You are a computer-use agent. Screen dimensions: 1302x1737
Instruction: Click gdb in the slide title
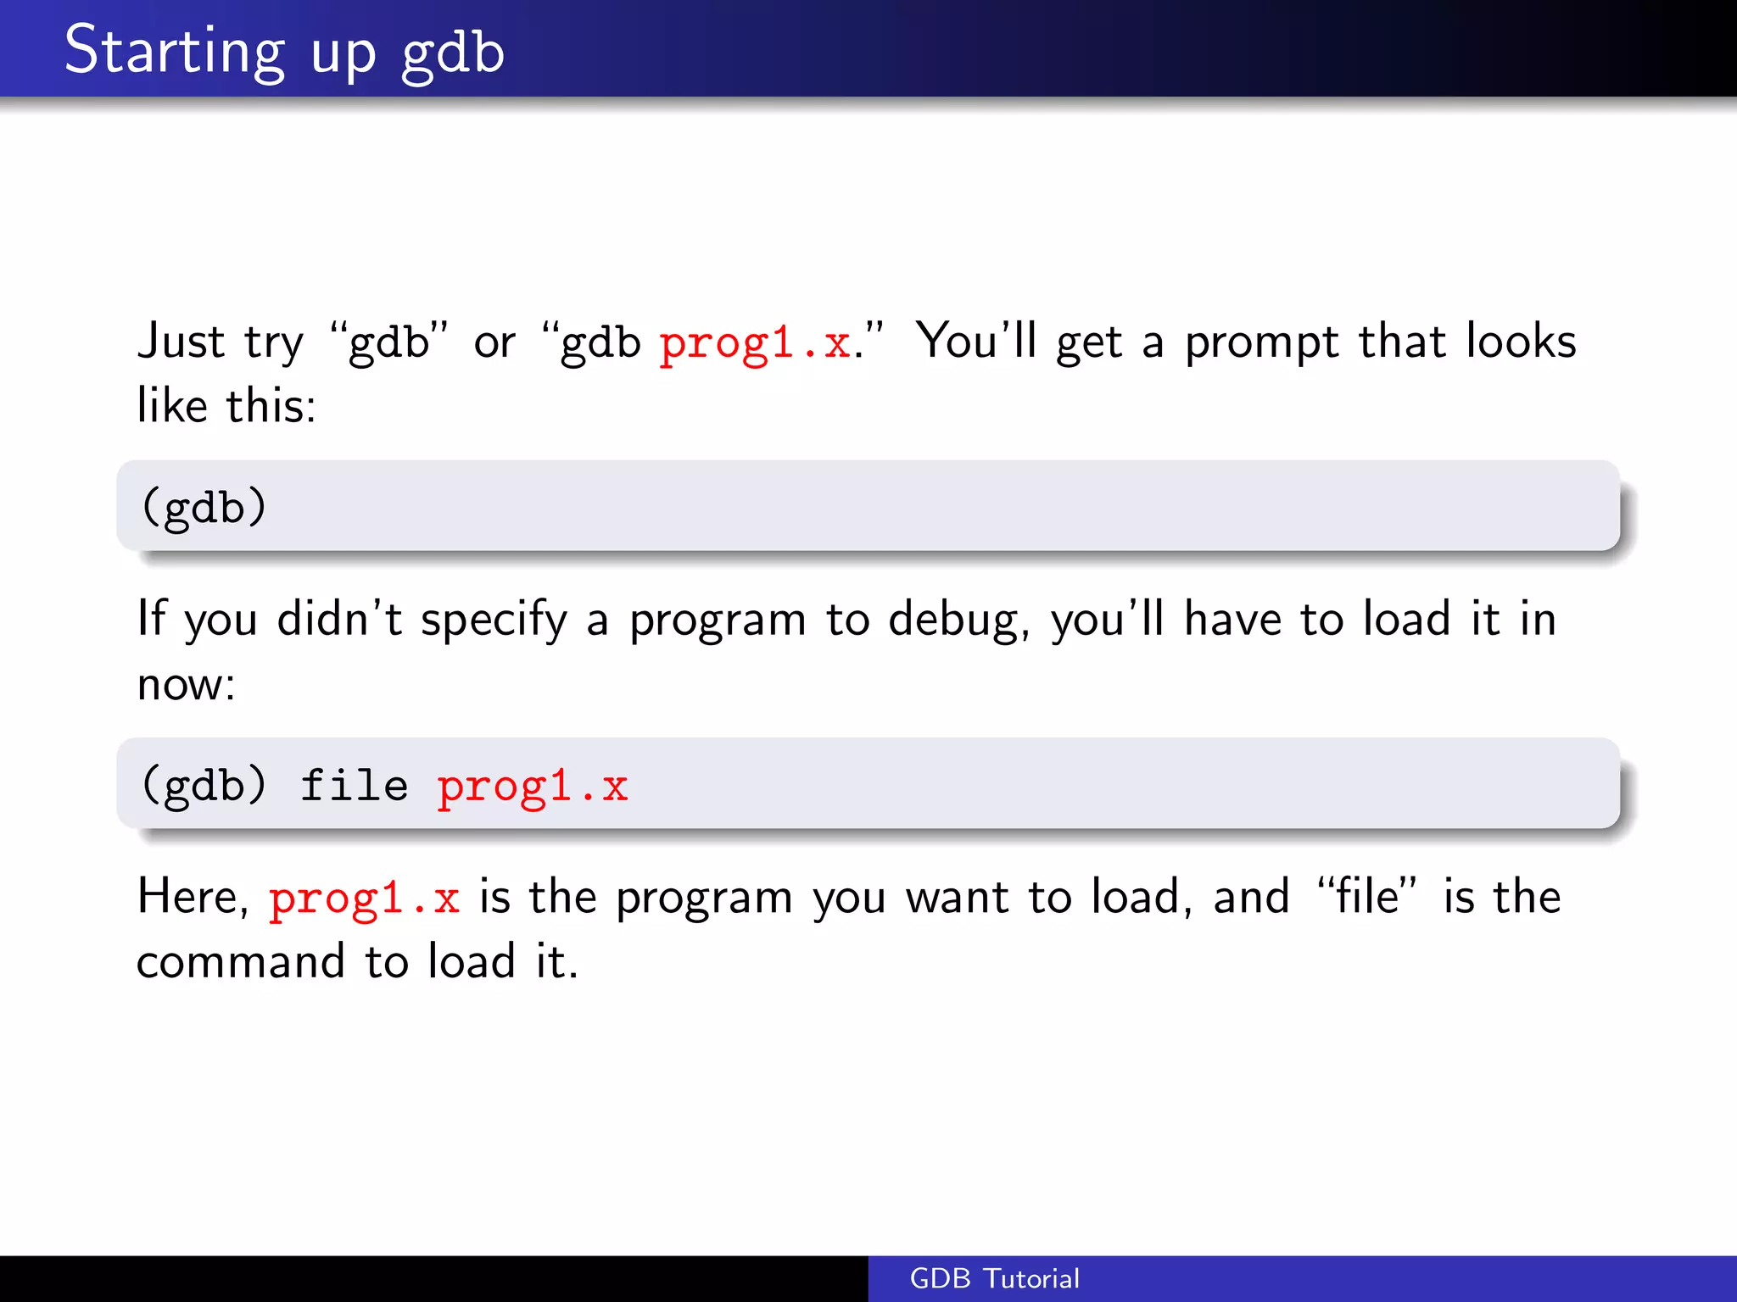453,53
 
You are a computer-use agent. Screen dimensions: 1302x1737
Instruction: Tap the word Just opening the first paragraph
181,342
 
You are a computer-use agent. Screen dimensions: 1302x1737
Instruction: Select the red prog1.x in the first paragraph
755,343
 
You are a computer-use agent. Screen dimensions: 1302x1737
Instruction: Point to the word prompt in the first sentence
1261,343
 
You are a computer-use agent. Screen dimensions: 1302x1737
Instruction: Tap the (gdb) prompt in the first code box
204,507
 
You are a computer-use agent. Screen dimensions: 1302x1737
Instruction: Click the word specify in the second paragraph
494,620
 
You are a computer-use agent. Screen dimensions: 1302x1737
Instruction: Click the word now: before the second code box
186,684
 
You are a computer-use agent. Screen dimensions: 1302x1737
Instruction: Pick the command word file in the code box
354,785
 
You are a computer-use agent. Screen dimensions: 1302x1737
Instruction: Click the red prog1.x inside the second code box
532,787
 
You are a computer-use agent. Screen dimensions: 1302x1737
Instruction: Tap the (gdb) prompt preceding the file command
204,785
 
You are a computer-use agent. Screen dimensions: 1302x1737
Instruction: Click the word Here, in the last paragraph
193,897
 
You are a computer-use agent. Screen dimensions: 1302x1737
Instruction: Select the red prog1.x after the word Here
364,899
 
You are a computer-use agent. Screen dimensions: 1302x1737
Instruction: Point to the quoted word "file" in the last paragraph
1366,897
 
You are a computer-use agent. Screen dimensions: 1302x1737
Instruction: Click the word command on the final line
240,961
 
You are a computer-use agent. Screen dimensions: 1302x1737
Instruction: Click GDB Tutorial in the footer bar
994,1278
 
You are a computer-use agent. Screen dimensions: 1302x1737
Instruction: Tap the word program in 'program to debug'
717,620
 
